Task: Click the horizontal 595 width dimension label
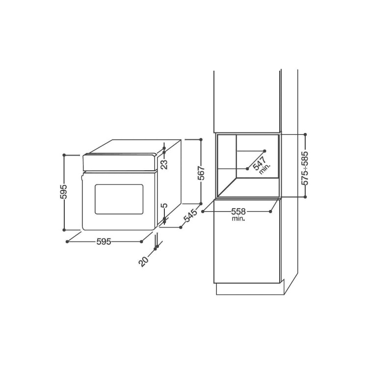(x=104, y=241)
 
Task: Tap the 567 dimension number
(x=201, y=173)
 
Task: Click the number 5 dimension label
(x=164, y=206)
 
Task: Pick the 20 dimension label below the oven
(x=144, y=261)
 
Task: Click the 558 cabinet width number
(x=238, y=211)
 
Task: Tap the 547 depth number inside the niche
(x=259, y=163)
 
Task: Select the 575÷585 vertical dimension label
(x=305, y=168)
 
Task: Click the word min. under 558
(x=238, y=219)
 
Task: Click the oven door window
(x=119, y=199)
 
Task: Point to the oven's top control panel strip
(x=120, y=162)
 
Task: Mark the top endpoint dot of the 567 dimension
(x=201, y=139)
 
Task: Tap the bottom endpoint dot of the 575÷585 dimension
(x=305, y=197)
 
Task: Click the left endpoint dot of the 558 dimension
(x=203, y=211)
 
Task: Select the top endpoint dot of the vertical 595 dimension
(x=64, y=155)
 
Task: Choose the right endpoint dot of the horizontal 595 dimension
(x=141, y=241)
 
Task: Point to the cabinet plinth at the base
(x=250, y=289)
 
